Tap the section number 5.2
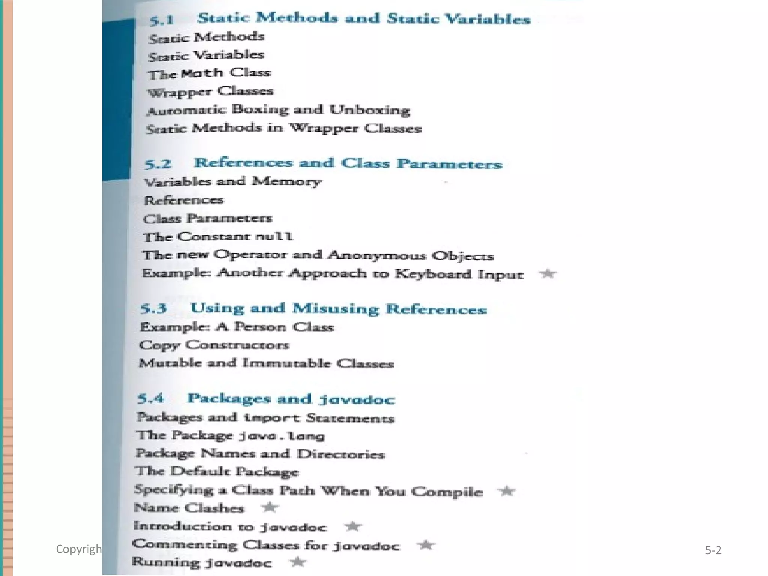tap(157, 164)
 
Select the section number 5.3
tap(153, 308)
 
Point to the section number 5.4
tap(150, 398)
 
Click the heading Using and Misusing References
tap(338, 308)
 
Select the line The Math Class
tap(209, 73)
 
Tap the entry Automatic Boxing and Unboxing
tap(278, 110)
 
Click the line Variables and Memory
tap(232, 182)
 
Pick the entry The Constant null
tap(217, 237)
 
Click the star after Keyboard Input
tap(548, 274)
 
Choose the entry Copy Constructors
tap(214, 345)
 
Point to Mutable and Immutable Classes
tap(266, 363)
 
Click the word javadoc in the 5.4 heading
tap(357, 399)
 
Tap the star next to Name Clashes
tap(270, 507)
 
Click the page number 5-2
tap(713, 550)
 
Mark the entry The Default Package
tap(217, 471)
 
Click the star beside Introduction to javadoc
tap(353, 526)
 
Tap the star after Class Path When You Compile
tap(507, 490)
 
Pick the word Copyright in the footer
tap(79, 549)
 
